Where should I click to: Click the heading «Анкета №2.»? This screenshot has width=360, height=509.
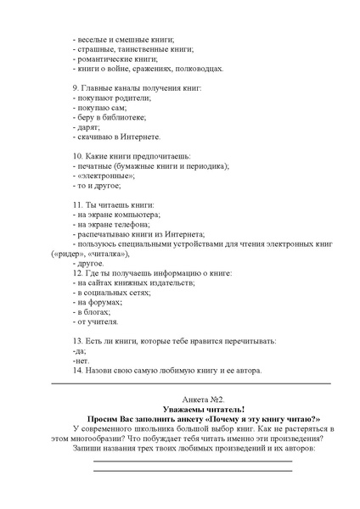click(203, 398)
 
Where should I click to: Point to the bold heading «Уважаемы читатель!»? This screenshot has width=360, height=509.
click(202, 408)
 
